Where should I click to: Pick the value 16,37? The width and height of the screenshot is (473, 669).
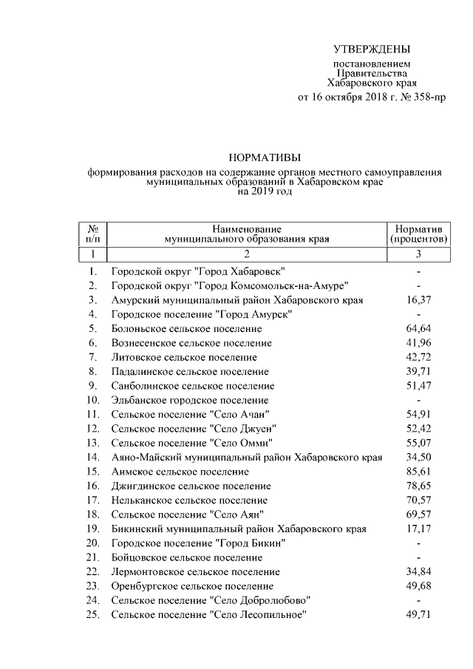coord(418,300)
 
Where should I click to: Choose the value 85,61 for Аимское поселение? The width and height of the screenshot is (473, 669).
coord(418,471)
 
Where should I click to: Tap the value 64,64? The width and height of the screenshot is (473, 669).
coord(418,328)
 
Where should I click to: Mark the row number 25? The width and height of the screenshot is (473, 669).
coord(92,614)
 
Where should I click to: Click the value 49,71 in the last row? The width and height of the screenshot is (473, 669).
coord(418,614)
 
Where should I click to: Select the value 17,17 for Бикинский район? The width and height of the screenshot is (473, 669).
coord(418,529)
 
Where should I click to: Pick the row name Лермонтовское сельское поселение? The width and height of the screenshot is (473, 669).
coord(195,571)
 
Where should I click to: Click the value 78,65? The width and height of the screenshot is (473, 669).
coord(418,486)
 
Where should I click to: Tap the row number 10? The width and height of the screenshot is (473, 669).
coord(92,400)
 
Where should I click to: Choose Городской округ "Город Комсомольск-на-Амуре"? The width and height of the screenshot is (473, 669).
coord(230,286)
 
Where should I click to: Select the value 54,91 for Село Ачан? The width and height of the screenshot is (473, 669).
coord(418,414)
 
